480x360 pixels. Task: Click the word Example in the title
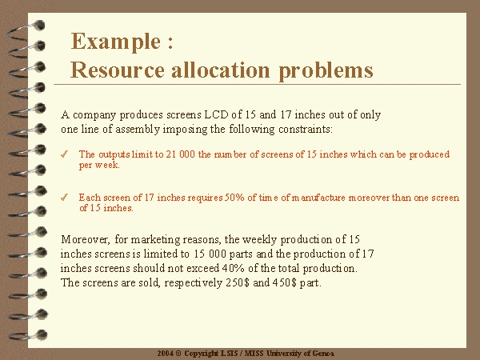click(116, 42)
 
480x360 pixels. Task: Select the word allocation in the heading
click(221, 70)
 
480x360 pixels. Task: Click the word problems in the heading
click(326, 70)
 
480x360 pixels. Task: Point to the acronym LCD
click(216, 114)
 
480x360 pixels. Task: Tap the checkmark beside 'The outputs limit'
click(64, 154)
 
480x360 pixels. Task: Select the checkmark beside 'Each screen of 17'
click(64, 198)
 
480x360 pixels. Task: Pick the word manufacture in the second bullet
click(318, 198)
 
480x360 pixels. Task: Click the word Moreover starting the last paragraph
click(85, 239)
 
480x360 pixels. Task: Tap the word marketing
click(155, 240)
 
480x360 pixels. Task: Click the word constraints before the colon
click(304, 129)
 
